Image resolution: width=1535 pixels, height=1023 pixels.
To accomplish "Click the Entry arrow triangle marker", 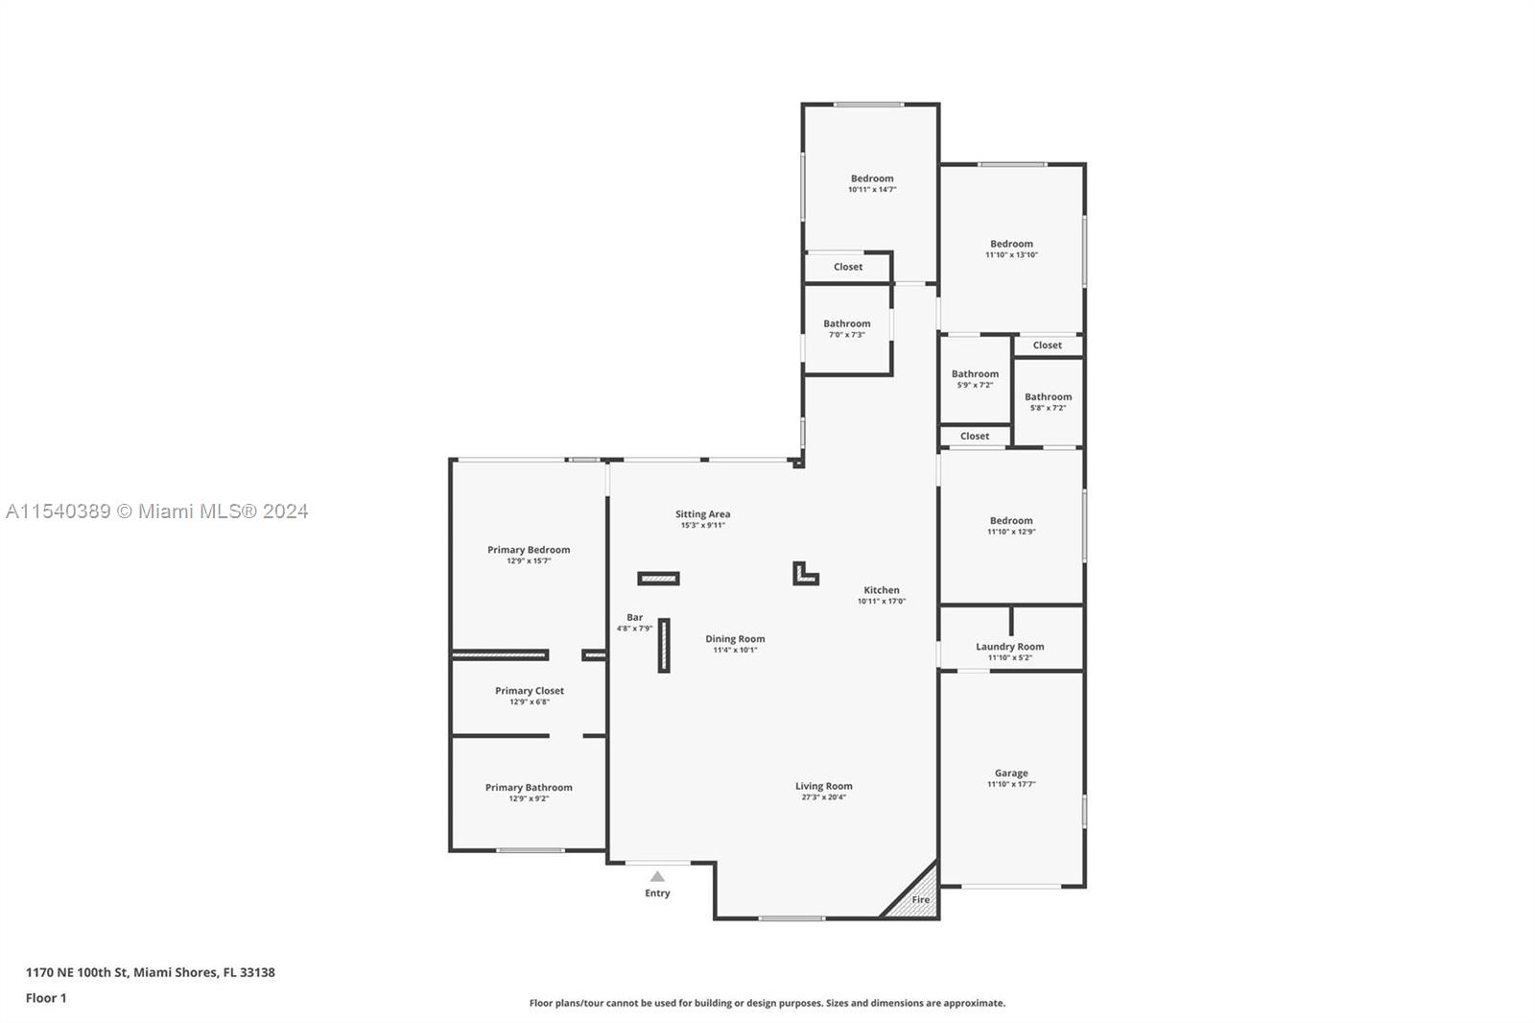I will [x=657, y=876].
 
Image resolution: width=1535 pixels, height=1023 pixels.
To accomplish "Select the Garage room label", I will [x=1011, y=773].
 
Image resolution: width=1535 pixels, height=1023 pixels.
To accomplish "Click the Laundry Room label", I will [x=1010, y=647].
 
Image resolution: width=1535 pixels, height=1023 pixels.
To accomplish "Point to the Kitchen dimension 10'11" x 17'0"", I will [x=882, y=602].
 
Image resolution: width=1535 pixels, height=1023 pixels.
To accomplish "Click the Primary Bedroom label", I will [x=529, y=550].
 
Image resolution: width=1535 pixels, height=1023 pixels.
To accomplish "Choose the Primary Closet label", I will [x=530, y=691].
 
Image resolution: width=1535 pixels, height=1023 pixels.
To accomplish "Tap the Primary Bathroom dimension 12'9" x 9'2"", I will [x=529, y=798].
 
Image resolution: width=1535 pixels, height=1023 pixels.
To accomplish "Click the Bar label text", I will [x=634, y=618].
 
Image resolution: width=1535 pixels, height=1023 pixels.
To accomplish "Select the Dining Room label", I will [x=735, y=639].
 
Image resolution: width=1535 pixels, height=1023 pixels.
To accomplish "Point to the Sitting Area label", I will [x=702, y=514].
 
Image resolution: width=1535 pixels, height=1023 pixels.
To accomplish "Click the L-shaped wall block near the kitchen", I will [x=803, y=576].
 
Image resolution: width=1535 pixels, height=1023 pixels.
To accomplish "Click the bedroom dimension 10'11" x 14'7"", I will [x=872, y=190].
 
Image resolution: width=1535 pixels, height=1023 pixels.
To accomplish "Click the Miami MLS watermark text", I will [x=157, y=511].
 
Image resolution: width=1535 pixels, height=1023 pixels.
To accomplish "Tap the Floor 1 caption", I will [x=46, y=998].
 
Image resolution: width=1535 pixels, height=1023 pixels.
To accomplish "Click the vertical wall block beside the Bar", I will [x=664, y=645].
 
